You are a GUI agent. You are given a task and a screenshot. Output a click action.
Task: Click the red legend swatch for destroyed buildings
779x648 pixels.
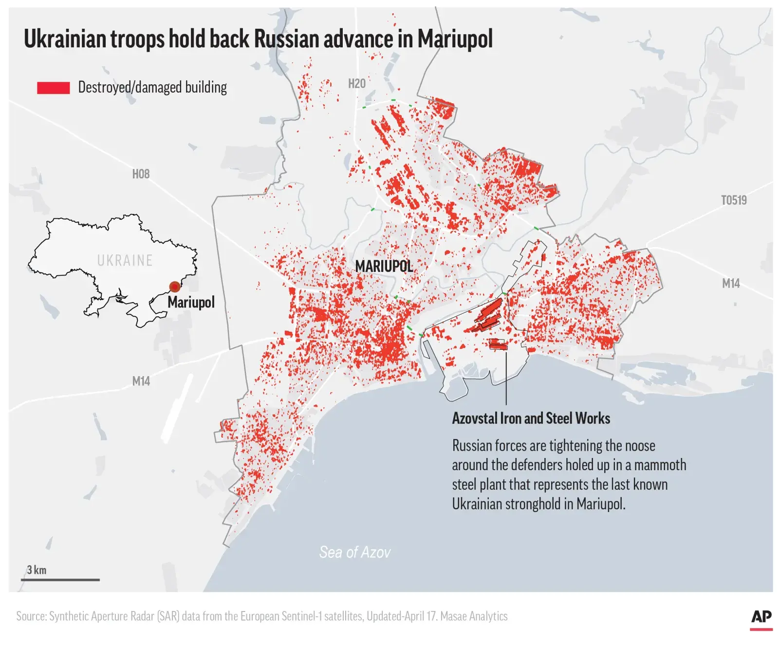(53, 88)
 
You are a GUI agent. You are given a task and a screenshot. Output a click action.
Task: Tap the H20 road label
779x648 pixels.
(356, 84)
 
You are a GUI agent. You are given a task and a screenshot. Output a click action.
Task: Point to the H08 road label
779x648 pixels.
(141, 174)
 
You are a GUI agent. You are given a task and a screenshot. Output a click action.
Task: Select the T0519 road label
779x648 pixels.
(733, 200)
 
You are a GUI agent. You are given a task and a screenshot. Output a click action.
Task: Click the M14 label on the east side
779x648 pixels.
(730, 283)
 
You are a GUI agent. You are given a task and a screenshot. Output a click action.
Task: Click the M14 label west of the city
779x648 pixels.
(141, 381)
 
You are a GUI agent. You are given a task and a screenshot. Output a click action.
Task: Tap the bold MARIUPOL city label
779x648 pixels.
(384, 266)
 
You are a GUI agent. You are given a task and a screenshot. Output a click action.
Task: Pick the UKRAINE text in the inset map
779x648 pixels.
(125, 261)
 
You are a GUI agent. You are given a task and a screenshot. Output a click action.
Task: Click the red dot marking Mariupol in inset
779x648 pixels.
(174, 286)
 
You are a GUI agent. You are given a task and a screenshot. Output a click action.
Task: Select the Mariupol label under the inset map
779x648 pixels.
(191, 302)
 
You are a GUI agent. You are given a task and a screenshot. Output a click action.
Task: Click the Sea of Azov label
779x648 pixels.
(354, 552)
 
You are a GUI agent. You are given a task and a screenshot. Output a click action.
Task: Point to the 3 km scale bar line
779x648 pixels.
(60, 580)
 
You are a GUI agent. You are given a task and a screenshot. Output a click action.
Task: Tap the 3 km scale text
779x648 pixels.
(37, 570)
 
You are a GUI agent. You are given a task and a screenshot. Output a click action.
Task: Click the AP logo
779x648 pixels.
(761, 617)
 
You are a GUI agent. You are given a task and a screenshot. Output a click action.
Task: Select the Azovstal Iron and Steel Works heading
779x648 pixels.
(531, 419)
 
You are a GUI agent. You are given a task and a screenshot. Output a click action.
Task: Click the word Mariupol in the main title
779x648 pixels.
(455, 39)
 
